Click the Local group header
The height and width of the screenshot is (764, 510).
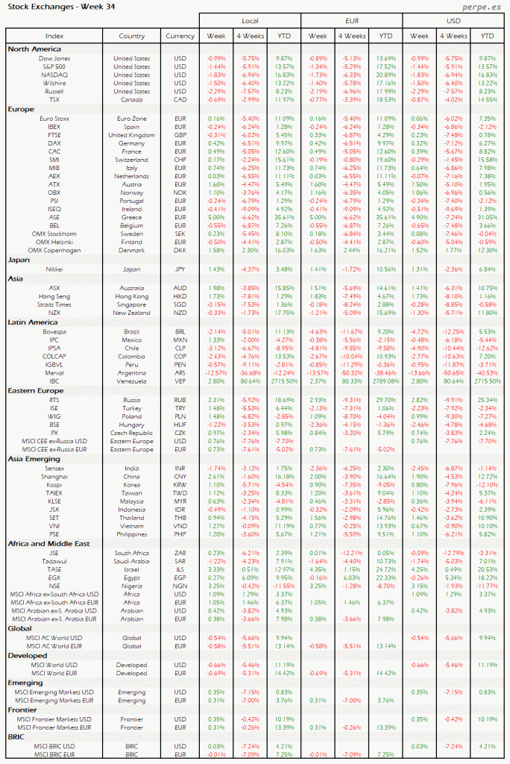click(x=250, y=21)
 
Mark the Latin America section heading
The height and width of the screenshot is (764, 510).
click(x=34, y=322)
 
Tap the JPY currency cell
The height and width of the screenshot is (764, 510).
click(x=180, y=269)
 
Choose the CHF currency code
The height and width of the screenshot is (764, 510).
click(x=180, y=159)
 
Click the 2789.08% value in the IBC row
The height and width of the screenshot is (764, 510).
click(x=385, y=381)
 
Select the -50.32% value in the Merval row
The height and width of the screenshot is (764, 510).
click(x=351, y=372)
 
